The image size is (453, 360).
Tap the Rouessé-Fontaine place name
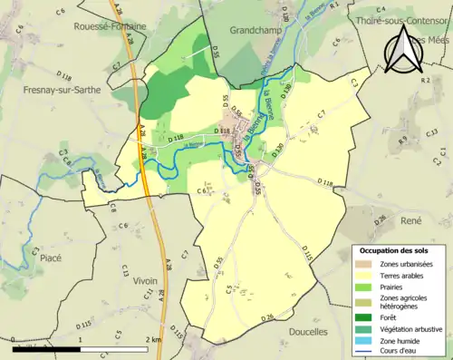click(112, 26)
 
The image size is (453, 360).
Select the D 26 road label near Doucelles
click(266, 316)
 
